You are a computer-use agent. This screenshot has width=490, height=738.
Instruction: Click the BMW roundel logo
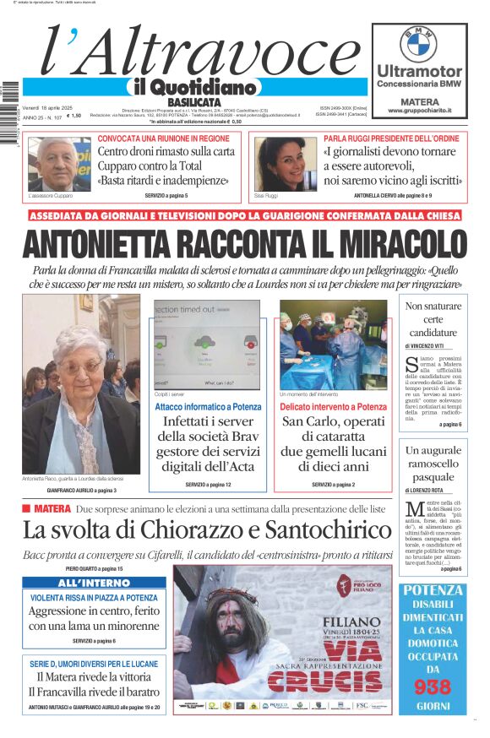pyautogui.click(x=419, y=42)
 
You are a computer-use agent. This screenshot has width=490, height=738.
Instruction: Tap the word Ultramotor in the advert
pyautogui.click(x=419, y=71)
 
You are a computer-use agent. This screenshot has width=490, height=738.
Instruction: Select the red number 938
pyautogui.click(x=433, y=687)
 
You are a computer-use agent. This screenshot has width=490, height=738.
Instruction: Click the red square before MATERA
pyautogui.click(x=26, y=509)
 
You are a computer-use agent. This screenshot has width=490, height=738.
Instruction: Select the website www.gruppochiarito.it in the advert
pyautogui.click(x=419, y=111)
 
